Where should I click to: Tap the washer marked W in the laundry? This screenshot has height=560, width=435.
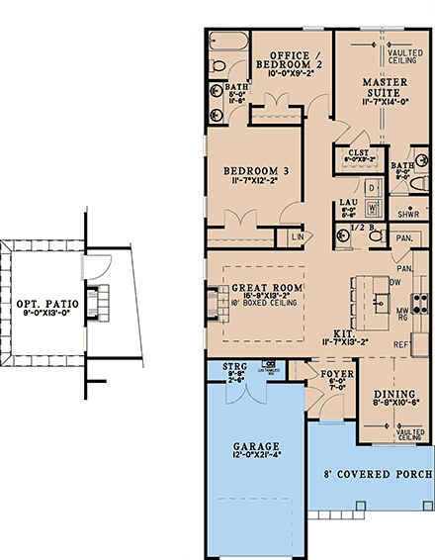(373, 208)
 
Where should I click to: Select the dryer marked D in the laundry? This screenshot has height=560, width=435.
(373, 188)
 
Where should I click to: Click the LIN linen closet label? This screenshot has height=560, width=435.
(297, 236)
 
